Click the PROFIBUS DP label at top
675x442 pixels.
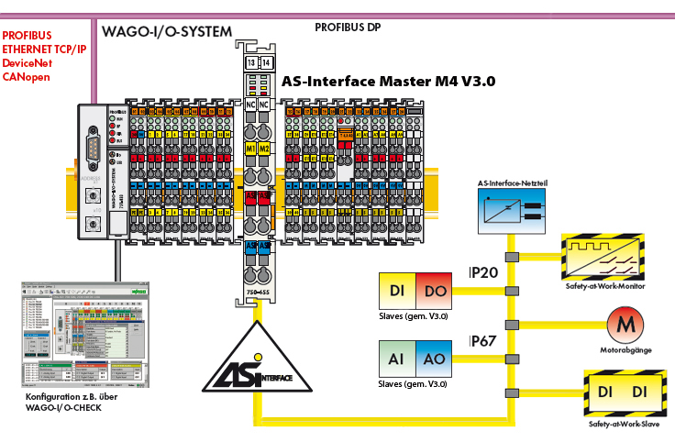click(x=348, y=28)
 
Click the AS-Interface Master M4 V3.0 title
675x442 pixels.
click(x=388, y=82)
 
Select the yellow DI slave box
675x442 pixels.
click(x=397, y=290)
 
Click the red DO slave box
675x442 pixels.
click(x=434, y=290)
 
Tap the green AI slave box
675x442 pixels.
click(x=397, y=358)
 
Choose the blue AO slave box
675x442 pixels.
click(x=434, y=358)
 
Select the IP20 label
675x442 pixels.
click(x=483, y=273)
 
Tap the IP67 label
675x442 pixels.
click(x=483, y=341)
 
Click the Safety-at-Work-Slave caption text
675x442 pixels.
click(x=625, y=425)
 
